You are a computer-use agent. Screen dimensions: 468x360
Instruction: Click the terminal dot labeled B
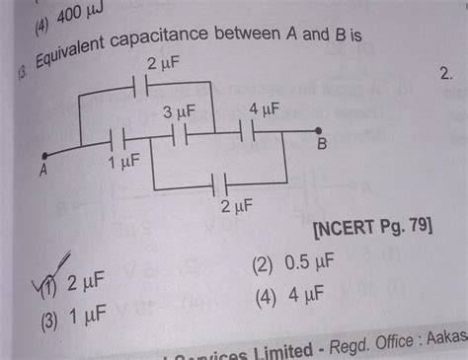(319, 130)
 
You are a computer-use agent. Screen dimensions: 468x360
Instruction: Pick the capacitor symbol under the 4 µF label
(249, 128)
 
